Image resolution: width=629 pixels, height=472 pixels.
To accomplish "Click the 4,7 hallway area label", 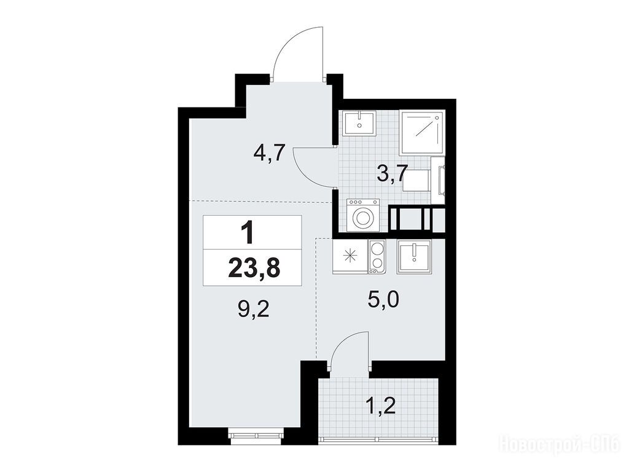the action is point(269,152).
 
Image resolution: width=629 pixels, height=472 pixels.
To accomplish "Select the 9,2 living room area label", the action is point(253,310).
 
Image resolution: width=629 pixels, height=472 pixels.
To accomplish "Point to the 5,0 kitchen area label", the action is point(383,299).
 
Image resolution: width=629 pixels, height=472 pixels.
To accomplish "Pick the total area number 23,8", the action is point(253,268).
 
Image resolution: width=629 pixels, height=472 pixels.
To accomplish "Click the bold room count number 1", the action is point(248,234).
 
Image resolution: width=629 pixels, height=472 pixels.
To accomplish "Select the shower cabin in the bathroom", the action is point(423,133).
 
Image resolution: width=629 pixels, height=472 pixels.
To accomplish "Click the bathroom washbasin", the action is point(359,124).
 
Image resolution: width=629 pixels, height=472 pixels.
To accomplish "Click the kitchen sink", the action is point(414,257).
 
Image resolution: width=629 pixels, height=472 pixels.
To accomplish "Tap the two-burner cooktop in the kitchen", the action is point(377,257).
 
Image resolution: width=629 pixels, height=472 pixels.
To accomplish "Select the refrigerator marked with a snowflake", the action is point(350,257).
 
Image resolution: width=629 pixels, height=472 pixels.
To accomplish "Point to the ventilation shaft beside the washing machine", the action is point(417,219).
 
